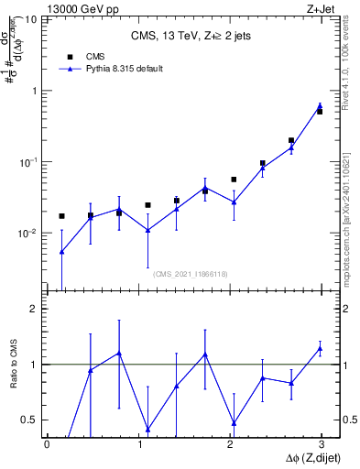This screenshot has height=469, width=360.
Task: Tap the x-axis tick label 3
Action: (322, 444)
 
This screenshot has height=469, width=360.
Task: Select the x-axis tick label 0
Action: (47, 444)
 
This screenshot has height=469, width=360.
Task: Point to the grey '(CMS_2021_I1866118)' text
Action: (191, 273)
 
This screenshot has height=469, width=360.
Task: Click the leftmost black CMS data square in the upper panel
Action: (61, 216)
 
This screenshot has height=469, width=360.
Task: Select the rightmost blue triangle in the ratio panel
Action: (320, 348)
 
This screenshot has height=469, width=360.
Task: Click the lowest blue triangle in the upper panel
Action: (61, 251)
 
